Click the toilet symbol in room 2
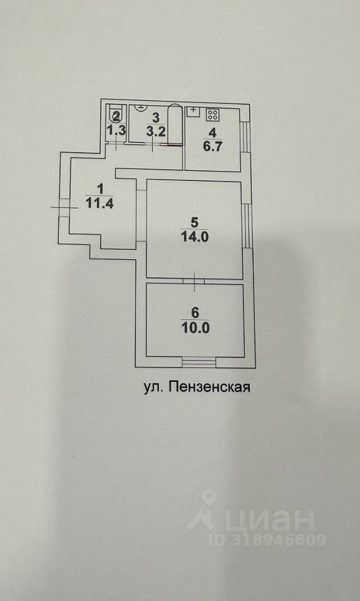(x=116, y=114)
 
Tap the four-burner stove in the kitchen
(x=212, y=114)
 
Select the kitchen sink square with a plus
(x=193, y=111)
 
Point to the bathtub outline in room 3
(x=175, y=125)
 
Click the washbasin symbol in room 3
(x=141, y=106)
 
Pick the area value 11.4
(x=100, y=203)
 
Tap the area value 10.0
(x=195, y=328)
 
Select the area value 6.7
(x=212, y=146)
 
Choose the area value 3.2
(x=156, y=131)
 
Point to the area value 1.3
(x=116, y=131)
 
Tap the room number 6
(x=195, y=313)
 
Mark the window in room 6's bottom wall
(x=199, y=361)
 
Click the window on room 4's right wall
(x=245, y=136)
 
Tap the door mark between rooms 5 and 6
(x=194, y=282)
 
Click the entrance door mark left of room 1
(x=64, y=207)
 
